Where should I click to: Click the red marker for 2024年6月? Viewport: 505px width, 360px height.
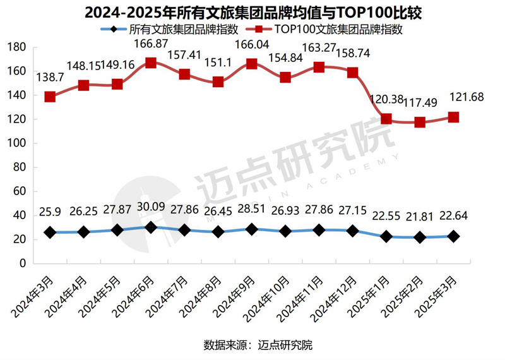point(150,63)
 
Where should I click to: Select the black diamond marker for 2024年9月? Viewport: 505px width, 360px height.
point(251,229)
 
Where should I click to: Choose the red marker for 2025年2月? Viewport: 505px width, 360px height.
point(420,122)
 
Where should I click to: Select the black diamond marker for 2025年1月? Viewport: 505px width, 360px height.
point(386,236)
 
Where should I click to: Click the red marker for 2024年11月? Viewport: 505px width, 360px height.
point(319,67)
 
